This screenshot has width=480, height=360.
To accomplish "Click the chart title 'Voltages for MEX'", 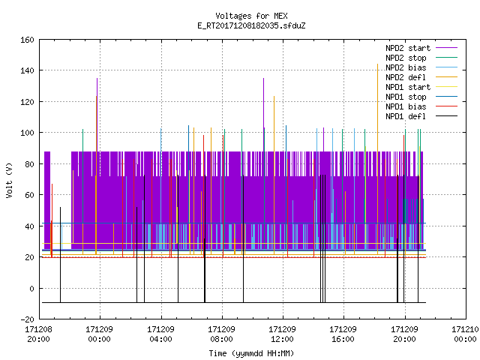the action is point(251,16).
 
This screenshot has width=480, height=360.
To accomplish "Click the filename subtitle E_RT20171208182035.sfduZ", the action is point(251,25).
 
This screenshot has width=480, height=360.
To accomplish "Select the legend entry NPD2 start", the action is point(408,48).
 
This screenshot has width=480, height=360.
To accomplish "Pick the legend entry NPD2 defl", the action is point(405,77).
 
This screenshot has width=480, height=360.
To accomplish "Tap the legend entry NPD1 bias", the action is point(406,106).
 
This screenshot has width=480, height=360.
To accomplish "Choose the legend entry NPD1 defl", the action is point(405,117).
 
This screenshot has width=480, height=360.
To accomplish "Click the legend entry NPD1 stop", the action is point(406,97).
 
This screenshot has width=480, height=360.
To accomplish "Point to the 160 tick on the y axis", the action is point(27,40).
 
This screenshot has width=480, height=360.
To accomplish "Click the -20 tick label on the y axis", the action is point(27,319).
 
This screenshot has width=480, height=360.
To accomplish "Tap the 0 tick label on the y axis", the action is point(31,288).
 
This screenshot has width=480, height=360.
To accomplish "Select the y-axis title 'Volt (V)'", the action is point(10,180).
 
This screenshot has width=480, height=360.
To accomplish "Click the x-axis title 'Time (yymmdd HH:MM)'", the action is point(251,353).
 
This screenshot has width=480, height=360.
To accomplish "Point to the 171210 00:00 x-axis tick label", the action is point(465,334).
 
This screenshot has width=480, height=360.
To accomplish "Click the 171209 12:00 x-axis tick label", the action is point(282,334).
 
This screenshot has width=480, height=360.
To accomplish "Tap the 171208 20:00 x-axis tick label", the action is point(38,334).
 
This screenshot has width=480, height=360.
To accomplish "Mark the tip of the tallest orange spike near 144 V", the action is point(377,64).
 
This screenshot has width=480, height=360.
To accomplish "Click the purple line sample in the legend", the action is point(446,48).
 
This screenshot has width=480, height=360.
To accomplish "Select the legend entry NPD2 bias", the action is point(406,67).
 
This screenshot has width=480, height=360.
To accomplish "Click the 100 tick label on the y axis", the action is point(27,133).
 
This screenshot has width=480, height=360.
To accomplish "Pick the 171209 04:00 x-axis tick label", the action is point(160,334).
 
